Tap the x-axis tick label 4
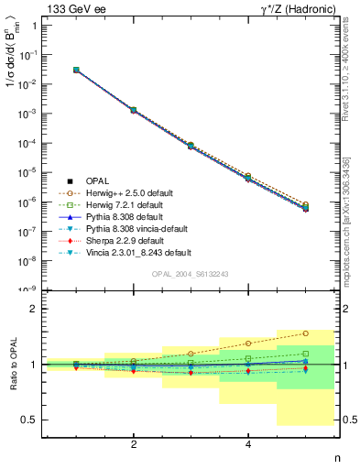[248, 444]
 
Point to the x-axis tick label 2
[134, 444]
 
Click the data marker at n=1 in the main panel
[76, 70]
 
